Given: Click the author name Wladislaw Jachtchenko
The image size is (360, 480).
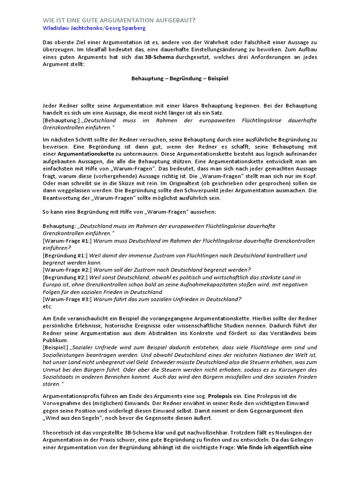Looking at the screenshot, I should [x=72, y=28].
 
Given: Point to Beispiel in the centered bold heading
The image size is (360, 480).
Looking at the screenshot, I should [x=216, y=78].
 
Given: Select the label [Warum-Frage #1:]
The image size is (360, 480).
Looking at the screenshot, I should [x=67, y=240].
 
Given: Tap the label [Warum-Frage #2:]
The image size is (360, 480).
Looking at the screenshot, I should [x=67, y=270].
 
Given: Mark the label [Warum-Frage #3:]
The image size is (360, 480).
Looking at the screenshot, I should [x=67, y=299].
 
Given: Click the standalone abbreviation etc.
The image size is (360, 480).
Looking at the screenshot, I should [x=47, y=307].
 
